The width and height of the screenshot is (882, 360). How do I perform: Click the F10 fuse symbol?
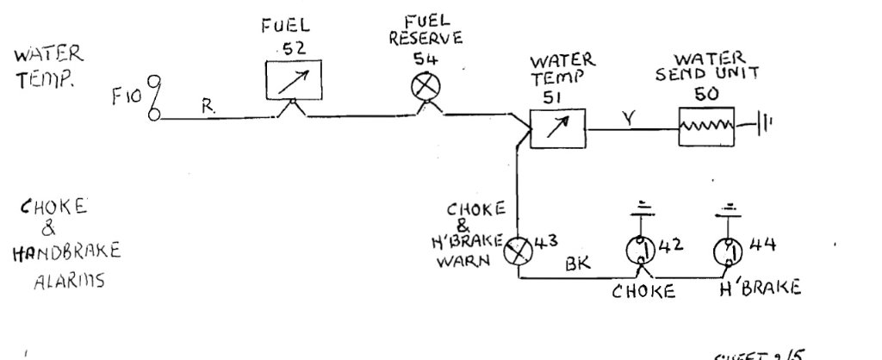pos(154,98)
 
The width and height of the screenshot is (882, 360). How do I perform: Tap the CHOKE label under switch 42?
pos(643,289)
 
